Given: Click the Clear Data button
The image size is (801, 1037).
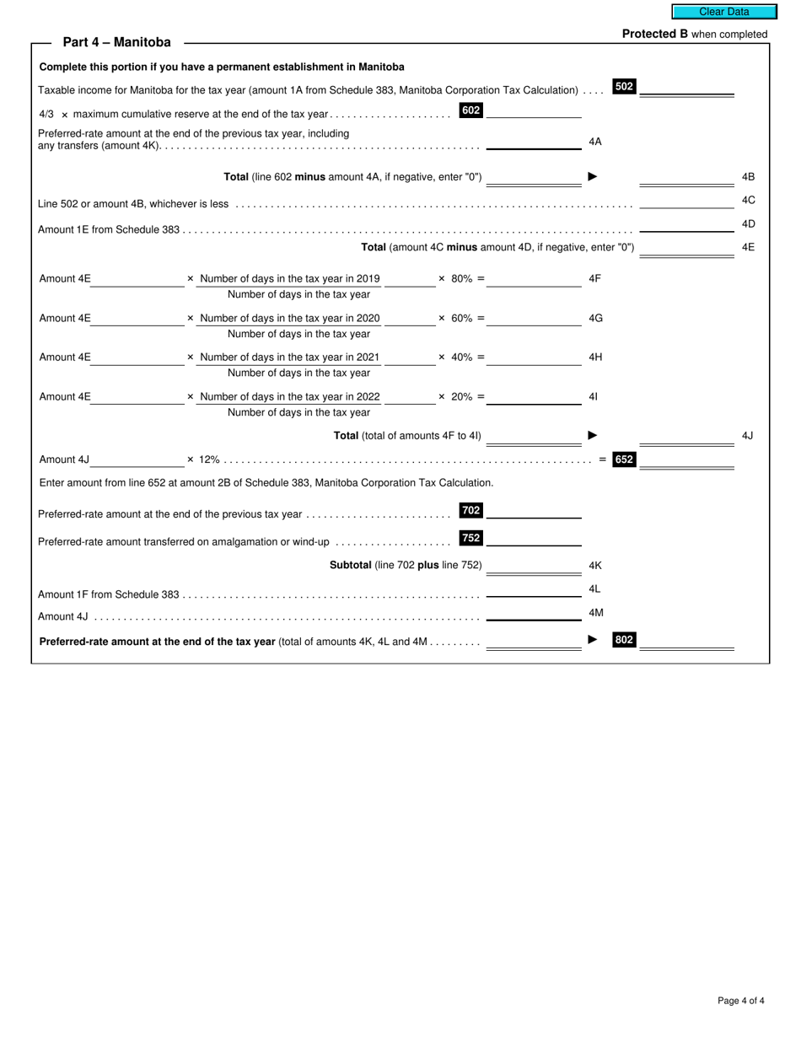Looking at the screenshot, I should tap(723, 12).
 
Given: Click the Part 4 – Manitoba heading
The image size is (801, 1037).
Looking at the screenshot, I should tap(116, 42).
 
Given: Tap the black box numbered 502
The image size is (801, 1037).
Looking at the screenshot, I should tap(624, 87).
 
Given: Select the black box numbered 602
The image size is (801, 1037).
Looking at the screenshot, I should tap(470, 110).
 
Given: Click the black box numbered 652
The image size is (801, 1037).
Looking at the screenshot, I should tap(624, 459).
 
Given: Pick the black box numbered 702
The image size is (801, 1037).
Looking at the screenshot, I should tap(470, 510).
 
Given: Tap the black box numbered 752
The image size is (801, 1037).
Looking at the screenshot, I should tap(470, 538).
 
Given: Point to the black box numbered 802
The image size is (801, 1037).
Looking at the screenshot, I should tap(624, 640).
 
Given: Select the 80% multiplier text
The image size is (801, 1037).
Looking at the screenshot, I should tap(461, 278).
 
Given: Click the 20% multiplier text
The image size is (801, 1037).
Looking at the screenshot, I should tap(461, 396).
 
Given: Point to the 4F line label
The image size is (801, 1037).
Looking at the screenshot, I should tap(595, 278).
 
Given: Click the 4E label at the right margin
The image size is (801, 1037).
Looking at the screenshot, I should tap(748, 248).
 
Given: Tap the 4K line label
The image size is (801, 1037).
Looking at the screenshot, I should tap(595, 566).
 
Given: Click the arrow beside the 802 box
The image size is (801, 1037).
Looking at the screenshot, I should tap(593, 640).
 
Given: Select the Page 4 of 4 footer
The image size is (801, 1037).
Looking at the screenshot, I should tap(741, 1001).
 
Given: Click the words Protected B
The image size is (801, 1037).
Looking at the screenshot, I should tap(654, 35).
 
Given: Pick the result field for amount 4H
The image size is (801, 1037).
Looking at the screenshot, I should tap(534, 357).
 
